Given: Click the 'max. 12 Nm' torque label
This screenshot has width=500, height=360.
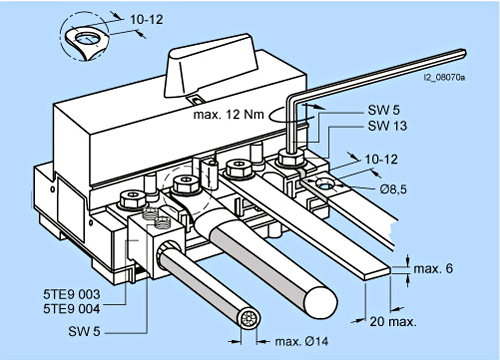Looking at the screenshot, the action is [229, 115].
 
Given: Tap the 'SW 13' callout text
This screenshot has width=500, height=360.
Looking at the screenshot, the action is [387, 126].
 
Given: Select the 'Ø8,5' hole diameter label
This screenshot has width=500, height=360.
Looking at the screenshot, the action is [393, 189].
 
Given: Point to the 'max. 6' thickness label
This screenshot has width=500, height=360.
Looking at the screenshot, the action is [433, 268].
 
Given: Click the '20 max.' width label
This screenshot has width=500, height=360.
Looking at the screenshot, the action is [393, 322].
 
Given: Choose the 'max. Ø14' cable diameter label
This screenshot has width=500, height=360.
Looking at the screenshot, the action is [301, 341].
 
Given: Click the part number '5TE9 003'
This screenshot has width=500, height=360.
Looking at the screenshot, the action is [72, 294].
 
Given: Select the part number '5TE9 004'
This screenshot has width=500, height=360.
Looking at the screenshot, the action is [72, 309].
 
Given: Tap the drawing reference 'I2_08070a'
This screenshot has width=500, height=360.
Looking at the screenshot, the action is [444, 78].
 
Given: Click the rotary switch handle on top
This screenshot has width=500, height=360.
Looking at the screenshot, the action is [211, 67].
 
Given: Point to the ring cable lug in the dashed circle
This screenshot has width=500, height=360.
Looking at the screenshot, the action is [87, 43].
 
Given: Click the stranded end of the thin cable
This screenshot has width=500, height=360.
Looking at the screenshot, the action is [248, 319].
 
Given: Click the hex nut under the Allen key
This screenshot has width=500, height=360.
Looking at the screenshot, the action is [291, 158].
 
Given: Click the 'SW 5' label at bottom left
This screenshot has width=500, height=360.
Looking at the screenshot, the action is [84, 331].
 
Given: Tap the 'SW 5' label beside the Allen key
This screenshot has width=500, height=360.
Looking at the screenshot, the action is [384, 110].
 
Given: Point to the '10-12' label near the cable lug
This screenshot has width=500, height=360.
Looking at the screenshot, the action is [147, 19].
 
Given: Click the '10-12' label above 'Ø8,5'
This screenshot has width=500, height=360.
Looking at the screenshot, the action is [381, 159].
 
